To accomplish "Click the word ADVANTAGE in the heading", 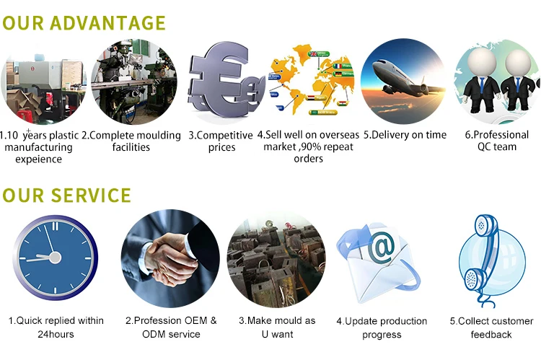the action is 107,23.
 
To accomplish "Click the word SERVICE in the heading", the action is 91,196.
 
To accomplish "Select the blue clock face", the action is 56,258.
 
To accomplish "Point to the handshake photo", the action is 170,258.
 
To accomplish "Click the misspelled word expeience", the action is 39,159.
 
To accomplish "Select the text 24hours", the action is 56,334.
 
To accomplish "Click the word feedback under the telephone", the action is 491,335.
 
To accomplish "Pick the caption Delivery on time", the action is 405,135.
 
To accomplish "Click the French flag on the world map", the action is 338,66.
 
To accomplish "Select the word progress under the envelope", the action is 382,335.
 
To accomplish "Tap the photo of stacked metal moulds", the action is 276,259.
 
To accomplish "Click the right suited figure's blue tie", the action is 517,84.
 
